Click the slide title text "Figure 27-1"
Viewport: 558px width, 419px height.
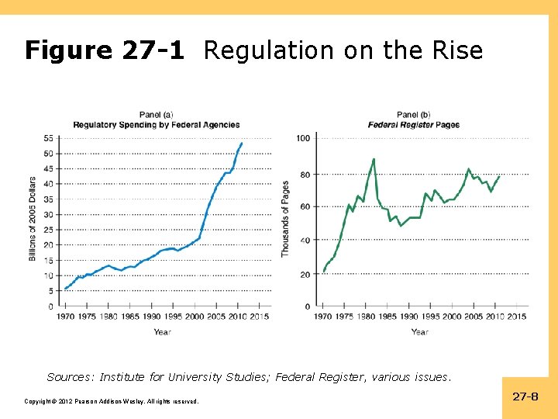coord(105,51)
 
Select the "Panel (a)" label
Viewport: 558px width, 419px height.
coord(156,116)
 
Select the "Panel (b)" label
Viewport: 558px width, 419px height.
coord(414,116)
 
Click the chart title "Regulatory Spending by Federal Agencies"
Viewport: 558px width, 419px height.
coord(157,125)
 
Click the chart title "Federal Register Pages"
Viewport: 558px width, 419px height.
coord(414,125)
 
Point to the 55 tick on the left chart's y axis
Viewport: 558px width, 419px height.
coord(49,138)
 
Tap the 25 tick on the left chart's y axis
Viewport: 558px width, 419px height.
coord(49,230)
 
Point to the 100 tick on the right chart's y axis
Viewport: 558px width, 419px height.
coord(303,138)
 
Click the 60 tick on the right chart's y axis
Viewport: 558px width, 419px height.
coord(305,206)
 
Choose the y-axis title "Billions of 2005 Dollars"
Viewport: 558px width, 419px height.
coord(33,219)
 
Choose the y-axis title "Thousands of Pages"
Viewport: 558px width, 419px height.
coord(285,219)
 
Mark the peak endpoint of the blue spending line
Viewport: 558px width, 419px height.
coord(242,143)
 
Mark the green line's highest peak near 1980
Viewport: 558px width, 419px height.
coord(374,159)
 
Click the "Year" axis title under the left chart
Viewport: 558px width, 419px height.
coord(162,332)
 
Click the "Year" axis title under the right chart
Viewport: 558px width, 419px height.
coord(419,332)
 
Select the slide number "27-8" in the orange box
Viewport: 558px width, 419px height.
coord(525,396)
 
